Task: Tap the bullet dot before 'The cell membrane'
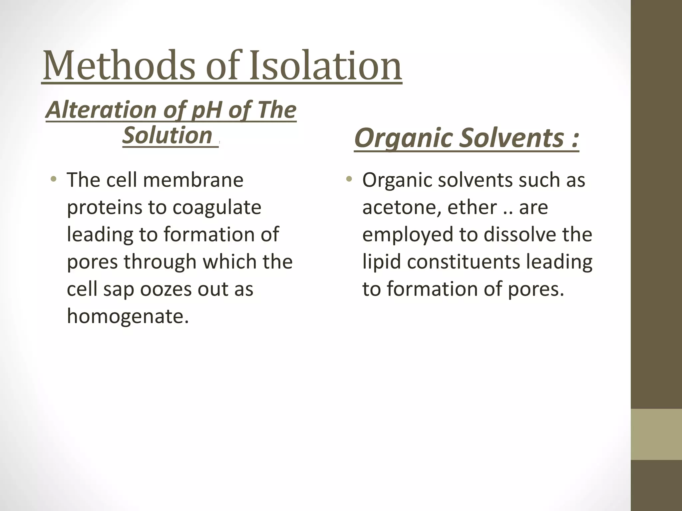[53, 180]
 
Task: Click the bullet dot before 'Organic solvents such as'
[349, 180]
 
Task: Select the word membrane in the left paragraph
[193, 180]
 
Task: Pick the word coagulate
[217, 207]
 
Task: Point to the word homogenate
[128, 316]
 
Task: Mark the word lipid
[381, 262]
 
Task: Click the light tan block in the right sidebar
[656, 434]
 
